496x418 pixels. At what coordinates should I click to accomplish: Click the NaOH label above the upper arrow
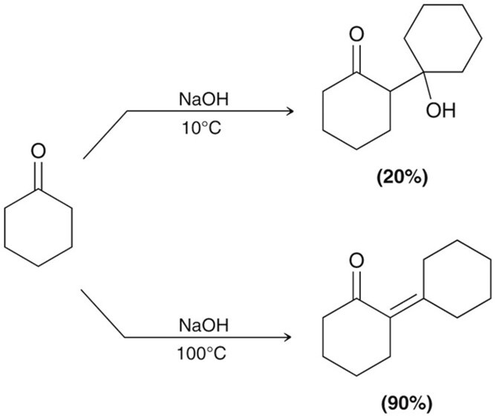click(x=203, y=99)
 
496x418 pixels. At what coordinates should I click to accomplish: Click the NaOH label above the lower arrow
click(x=203, y=325)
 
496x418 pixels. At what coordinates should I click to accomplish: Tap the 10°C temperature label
click(x=201, y=128)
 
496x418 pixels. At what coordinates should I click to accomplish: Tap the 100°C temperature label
click(x=201, y=353)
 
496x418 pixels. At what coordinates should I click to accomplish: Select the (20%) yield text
click(x=402, y=177)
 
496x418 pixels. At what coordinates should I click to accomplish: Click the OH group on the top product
click(x=440, y=111)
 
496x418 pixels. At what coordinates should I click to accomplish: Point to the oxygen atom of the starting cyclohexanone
click(x=39, y=151)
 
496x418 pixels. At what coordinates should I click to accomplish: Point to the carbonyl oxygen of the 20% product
click(x=356, y=34)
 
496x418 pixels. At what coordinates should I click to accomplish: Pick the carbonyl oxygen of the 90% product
click(x=356, y=260)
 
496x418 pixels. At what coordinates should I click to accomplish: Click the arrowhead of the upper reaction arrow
click(x=290, y=111)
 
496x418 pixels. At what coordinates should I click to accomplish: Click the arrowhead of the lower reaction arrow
click(x=287, y=337)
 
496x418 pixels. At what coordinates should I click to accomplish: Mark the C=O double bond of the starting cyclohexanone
click(x=39, y=176)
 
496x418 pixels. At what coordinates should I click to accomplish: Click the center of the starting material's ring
click(x=39, y=228)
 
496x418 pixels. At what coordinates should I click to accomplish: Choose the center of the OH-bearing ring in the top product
click(x=443, y=39)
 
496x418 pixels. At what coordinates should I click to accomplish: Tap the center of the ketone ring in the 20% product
click(x=356, y=111)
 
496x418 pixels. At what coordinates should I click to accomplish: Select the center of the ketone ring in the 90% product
click(x=356, y=337)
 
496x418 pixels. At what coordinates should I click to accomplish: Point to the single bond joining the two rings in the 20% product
click(x=408, y=82)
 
